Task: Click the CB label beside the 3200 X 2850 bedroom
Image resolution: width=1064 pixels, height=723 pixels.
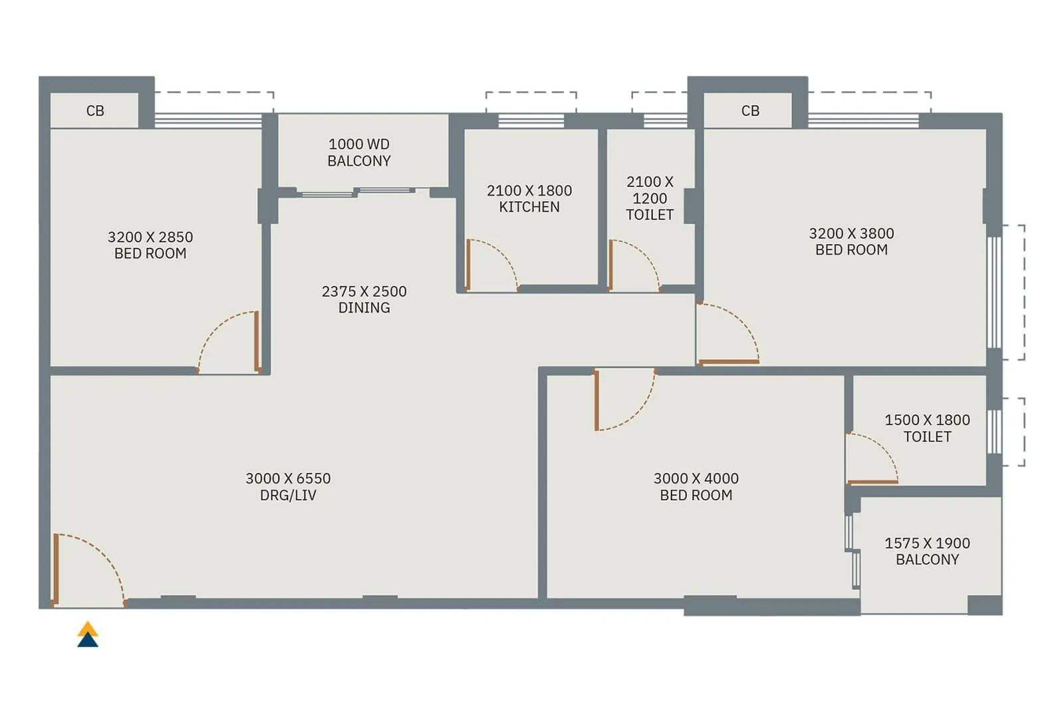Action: click(x=95, y=111)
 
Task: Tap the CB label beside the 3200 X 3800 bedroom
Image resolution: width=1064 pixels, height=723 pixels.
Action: click(x=750, y=111)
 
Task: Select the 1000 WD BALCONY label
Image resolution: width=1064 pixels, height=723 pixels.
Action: click(x=359, y=152)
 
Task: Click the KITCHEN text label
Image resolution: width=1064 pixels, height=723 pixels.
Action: click(x=529, y=207)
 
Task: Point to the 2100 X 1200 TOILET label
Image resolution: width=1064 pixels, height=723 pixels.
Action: click(x=650, y=198)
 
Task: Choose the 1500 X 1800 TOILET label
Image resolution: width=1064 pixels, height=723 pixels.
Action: click(x=927, y=428)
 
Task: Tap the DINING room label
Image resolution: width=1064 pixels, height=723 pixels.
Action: click(x=364, y=307)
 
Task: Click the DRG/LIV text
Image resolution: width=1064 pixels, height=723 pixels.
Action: click(x=288, y=495)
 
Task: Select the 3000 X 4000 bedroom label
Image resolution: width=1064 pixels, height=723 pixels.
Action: click(x=696, y=487)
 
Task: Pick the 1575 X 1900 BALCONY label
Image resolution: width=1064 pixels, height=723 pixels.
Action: click(x=927, y=551)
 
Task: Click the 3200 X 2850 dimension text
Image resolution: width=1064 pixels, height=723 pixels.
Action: click(x=150, y=237)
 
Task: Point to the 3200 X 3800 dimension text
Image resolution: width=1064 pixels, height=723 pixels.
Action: click(x=851, y=233)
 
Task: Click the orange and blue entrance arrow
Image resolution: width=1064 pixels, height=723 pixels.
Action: click(x=88, y=635)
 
